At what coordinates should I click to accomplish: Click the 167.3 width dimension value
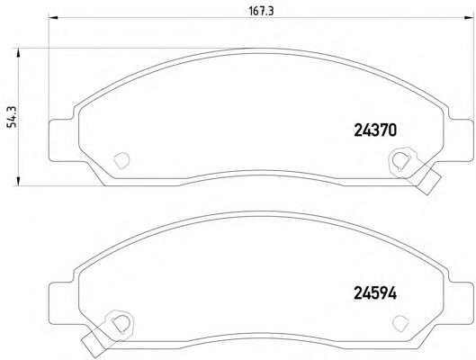click(x=261, y=11)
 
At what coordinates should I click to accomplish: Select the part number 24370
click(x=375, y=130)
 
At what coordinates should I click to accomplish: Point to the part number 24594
click(x=375, y=293)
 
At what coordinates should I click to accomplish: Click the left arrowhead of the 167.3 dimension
click(x=53, y=18)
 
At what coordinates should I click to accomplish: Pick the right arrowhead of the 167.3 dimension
click(x=469, y=18)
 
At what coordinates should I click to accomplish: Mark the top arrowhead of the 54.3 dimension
click(x=18, y=52)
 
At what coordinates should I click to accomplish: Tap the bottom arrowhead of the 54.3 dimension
click(x=18, y=181)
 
